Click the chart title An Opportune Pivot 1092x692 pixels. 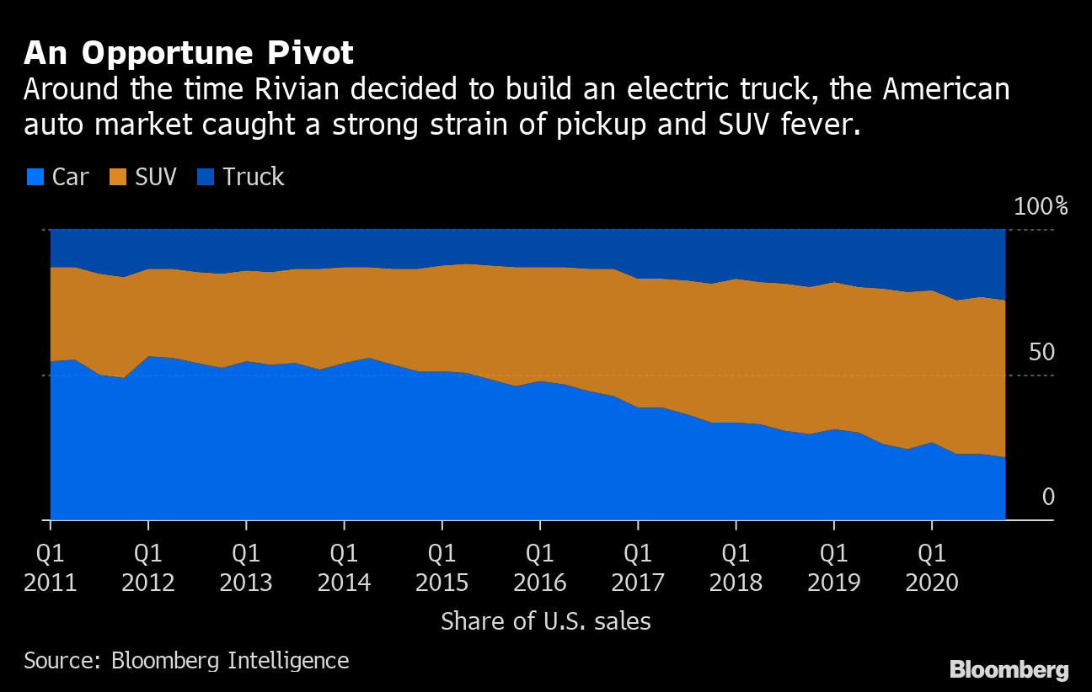point(188,53)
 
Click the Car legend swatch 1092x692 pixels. point(35,177)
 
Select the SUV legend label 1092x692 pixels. point(157,177)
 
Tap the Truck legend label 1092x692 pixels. point(254,177)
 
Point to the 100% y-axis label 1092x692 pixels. point(1041,207)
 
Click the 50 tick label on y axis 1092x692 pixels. point(1041,352)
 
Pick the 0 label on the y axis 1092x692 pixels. point(1048,497)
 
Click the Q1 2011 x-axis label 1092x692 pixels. point(51,567)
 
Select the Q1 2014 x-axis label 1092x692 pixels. point(344,567)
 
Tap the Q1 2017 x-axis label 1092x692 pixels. point(638,567)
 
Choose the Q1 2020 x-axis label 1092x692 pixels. point(931,567)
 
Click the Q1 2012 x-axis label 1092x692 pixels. point(148,567)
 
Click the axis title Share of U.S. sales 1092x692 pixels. point(546,621)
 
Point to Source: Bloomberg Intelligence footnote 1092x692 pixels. point(186,660)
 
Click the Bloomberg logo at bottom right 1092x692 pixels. point(1009,670)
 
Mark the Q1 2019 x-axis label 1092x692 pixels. point(833,567)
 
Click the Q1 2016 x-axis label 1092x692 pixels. point(539,567)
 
